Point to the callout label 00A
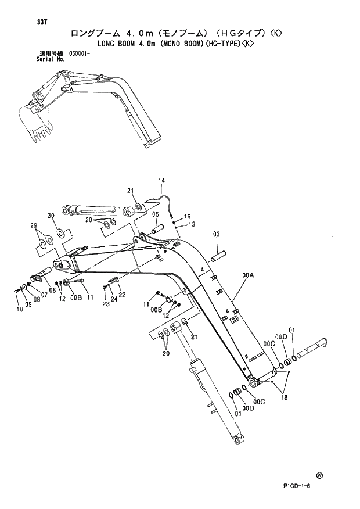click(x=249, y=276)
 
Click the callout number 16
click(x=187, y=217)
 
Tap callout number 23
click(x=105, y=303)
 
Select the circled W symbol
click(x=319, y=475)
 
